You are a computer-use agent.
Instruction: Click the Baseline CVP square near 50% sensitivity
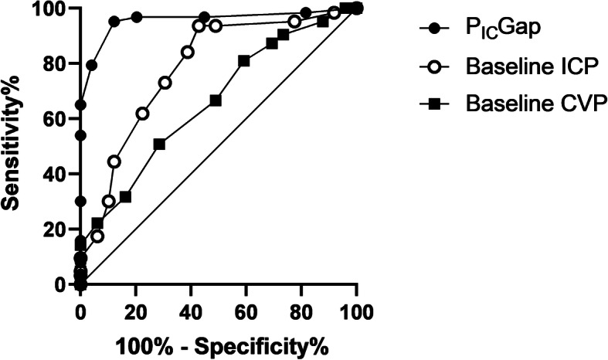click(159, 144)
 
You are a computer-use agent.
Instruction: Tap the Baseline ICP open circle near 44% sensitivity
click(114, 161)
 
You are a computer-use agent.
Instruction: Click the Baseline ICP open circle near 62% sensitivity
click(142, 114)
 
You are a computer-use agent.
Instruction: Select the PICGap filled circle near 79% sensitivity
click(91, 65)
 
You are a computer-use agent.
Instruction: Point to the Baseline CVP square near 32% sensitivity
click(125, 197)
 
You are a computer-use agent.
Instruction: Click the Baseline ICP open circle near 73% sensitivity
click(165, 83)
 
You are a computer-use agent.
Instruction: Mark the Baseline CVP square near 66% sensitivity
click(216, 100)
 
